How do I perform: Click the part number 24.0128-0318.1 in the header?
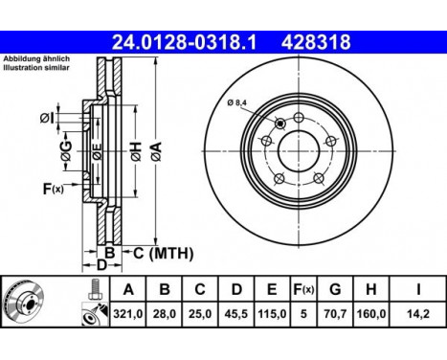[185, 42]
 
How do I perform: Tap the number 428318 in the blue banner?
[316, 42]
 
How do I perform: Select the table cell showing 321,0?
[127, 314]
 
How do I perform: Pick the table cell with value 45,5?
[236, 314]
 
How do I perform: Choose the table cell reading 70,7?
[335, 314]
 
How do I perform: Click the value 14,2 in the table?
[418, 314]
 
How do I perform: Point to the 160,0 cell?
[371, 314]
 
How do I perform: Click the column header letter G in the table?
[335, 290]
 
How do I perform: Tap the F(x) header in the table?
[303, 290]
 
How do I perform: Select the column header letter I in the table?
[418, 290]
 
